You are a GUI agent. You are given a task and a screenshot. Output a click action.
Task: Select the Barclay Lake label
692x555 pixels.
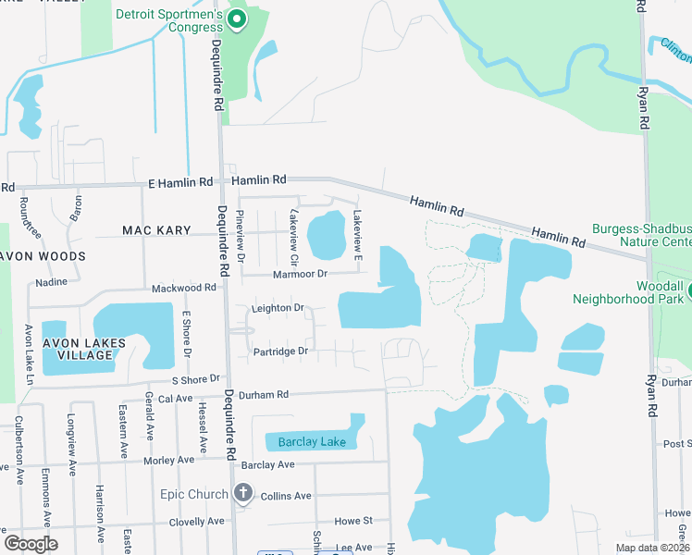pyautogui.click(x=312, y=442)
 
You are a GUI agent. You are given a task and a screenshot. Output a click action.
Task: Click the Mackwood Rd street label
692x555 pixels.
pyautogui.click(x=183, y=288)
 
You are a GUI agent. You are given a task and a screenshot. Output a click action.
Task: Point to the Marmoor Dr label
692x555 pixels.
pyautogui.click(x=301, y=274)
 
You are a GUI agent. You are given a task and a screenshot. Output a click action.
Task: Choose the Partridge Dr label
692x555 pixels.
pyautogui.click(x=279, y=351)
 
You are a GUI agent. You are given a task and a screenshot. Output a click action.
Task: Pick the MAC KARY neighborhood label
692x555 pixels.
pyautogui.click(x=156, y=229)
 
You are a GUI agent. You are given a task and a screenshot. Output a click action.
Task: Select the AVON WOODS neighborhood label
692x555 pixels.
pyautogui.click(x=43, y=255)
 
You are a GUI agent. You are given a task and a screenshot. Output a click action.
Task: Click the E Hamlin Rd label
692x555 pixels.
pyautogui.click(x=179, y=184)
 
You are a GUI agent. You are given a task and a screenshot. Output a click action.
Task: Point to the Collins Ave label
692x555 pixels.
pyautogui.click(x=286, y=496)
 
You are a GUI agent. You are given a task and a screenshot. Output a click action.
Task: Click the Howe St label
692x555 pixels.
pyautogui.click(x=353, y=522)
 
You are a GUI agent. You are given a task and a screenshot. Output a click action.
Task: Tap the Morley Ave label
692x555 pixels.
pyautogui.click(x=168, y=460)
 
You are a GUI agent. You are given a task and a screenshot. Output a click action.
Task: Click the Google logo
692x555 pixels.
pyautogui.click(x=31, y=544)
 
